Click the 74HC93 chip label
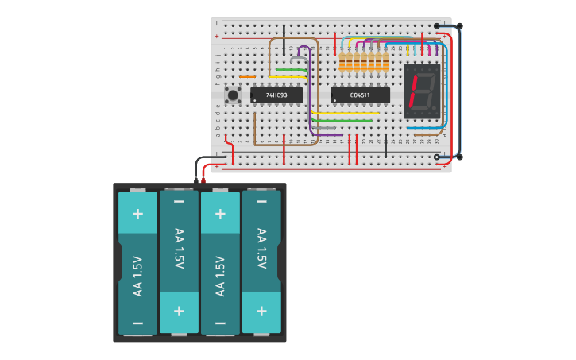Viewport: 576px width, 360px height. pyautogui.click(x=276, y=95)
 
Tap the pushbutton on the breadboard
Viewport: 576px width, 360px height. pyautogui.click(x=233, y=95)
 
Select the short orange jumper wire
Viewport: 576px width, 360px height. pyautogui.click(x=247, y=77)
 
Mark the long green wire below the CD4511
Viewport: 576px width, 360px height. pyautogui.click(x=342, y=121)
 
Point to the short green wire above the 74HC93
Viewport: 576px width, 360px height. pyautogui.click(x=291, y=70)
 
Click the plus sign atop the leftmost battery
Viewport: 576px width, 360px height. pyautogui.click(x=137, y=213)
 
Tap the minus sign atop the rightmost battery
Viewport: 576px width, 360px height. pyautogui.click(x=261, y=202)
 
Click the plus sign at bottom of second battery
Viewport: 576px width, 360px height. pyautogui.click(x=179, y=312)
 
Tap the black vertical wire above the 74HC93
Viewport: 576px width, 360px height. pyautogui.click(x=284, y=40)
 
